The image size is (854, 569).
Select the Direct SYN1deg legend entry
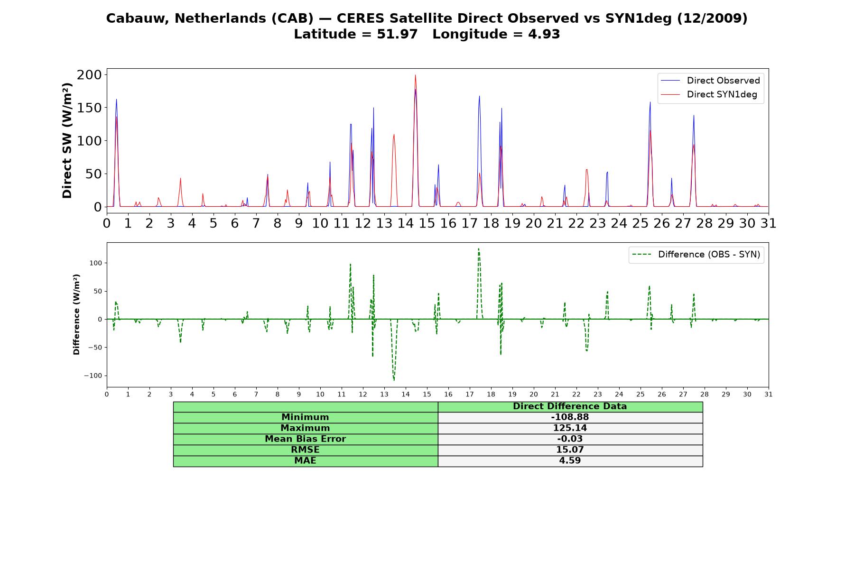(709, 94)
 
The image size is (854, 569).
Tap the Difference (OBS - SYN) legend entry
(696, 255)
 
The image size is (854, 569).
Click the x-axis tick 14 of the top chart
(406, 223)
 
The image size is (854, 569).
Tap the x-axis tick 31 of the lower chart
(769, 395)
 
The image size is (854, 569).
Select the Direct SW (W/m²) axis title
(67, 140)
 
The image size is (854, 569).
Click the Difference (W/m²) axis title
(76, 314)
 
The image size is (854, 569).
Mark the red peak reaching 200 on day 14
(415, 75)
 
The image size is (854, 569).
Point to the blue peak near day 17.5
(479, 96)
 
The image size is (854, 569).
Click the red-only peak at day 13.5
(394, 135)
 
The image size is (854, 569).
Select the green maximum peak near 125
(478, 248)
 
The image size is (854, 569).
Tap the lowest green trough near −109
(394, 380)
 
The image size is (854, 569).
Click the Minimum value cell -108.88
(570, 417)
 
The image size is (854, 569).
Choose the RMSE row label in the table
(305, 450)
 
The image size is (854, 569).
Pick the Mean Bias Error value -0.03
(570, 439)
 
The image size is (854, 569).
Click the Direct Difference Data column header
(570, 406)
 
